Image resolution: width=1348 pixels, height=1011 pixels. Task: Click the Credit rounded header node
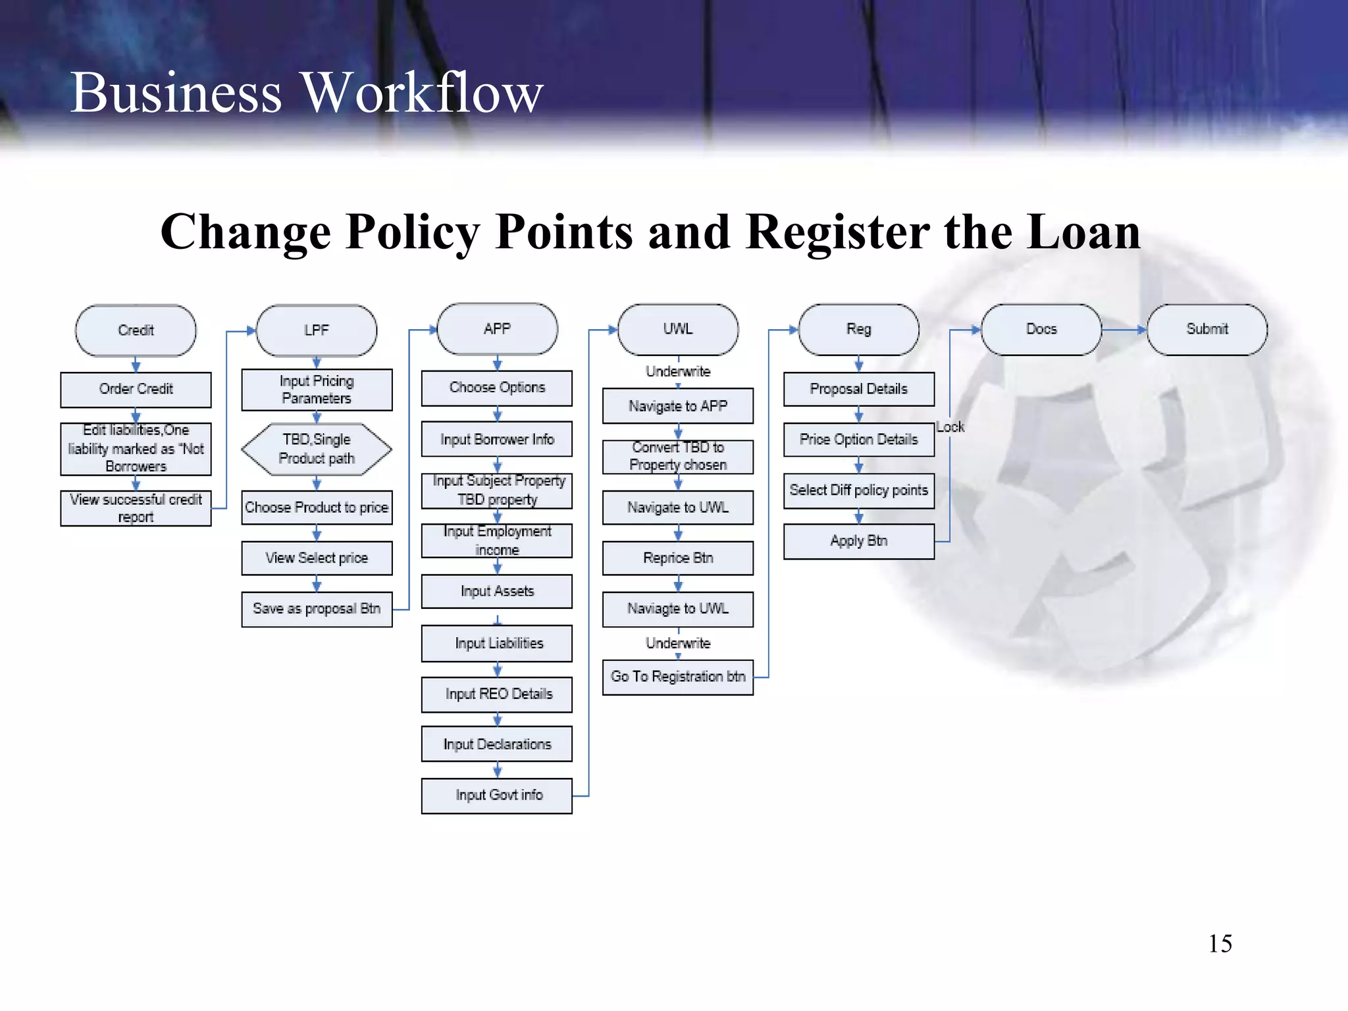click(136, 330)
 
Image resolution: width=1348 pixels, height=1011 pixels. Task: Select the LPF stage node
click(317, 330)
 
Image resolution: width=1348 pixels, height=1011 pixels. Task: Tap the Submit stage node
click(1207, 329)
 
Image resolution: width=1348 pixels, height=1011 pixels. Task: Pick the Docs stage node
click(1041, 329)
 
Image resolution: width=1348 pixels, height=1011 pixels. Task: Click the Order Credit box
click(136, 389)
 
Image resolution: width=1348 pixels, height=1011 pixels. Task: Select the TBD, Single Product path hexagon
click(317, 449)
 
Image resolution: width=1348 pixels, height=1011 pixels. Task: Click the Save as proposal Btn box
click(317, 609)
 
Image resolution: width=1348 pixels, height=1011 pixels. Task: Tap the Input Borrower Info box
click(497, 439)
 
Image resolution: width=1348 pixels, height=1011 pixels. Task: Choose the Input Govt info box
click(497, 795)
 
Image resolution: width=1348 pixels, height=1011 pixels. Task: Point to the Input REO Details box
click(497, 694)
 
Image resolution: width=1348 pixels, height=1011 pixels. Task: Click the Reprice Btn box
click(678, 558)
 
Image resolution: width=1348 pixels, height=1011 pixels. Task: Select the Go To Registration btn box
click(678, 677)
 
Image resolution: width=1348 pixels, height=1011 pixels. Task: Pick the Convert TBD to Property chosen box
click(678, 456)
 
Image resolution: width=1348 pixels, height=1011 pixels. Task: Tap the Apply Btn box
click(859, 541)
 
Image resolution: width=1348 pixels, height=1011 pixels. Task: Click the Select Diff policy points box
click(859, 490)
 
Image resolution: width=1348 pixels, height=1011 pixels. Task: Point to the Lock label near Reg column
click(950, 427)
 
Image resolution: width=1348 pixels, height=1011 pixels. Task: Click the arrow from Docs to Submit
click(1124, 329)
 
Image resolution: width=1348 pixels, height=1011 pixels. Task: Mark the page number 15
click(1220, 944)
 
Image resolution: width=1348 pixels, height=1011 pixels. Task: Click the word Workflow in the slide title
click(422, 93)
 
